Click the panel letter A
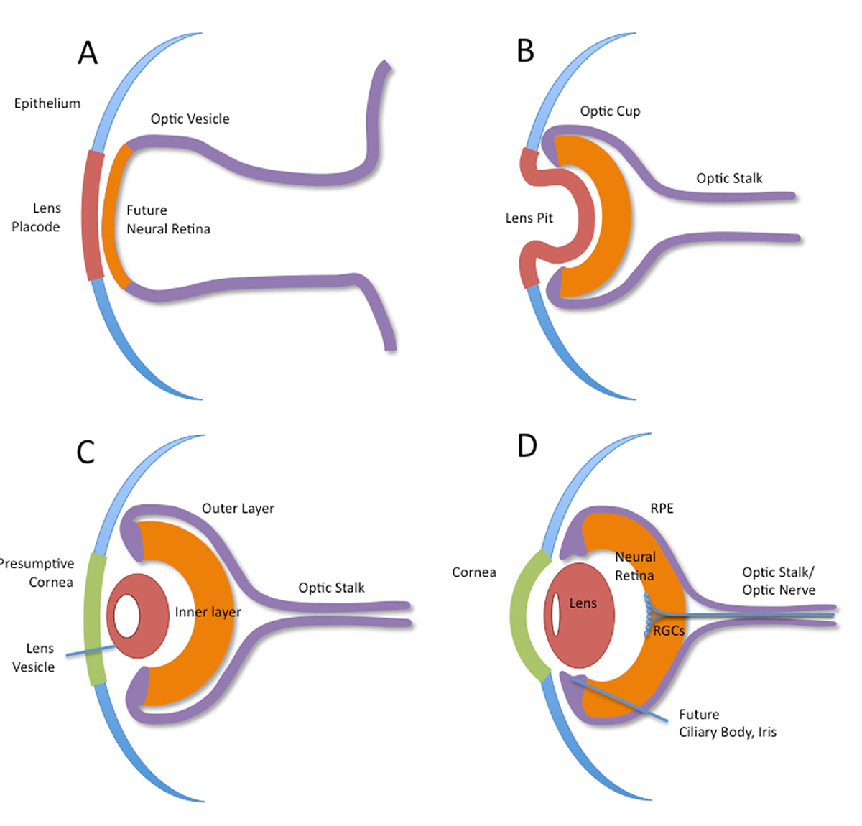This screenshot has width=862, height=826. [x=88, y=52]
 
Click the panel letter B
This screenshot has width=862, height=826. [x=525, y=51]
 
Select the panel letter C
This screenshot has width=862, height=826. [x=85, y=452]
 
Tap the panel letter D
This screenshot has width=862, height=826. [x=527, y=445]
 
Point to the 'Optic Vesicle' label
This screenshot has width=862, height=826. [x=190, y=119]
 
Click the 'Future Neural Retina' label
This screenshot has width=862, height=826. [x=168, y=220]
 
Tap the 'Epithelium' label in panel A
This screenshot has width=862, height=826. [x=47, y=103]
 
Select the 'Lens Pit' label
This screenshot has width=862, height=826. [x=529, y=218]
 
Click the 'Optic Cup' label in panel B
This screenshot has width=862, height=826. [x=610, y=111]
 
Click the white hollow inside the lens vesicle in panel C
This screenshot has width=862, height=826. [x=127, y=616]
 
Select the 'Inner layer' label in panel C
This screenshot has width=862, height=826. [x=208, y=612]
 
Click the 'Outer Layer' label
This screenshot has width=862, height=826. [x=238, y=509]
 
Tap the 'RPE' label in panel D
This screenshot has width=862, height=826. [x=662, y=509]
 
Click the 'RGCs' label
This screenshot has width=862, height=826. [x=668, y=631]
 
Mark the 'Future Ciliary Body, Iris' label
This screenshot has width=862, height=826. [x=727, y=723]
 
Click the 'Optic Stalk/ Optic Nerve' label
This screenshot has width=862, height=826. [x=778, y=581]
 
